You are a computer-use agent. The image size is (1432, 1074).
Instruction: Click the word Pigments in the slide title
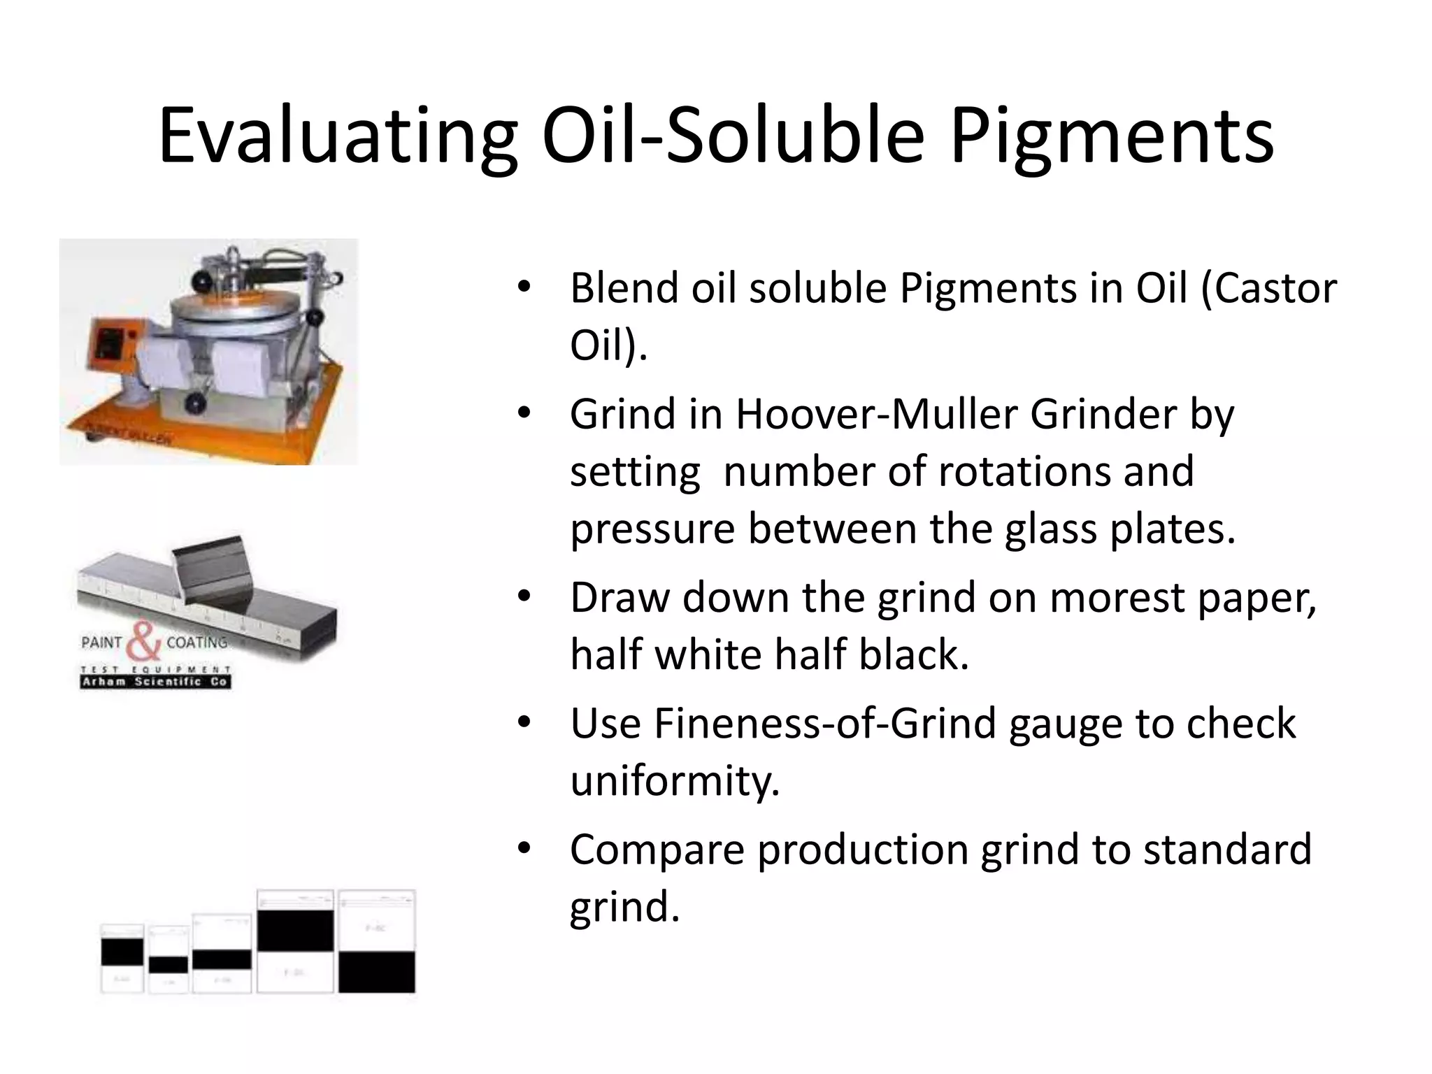[1111, 136]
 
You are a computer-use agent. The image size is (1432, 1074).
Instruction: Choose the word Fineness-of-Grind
[824, 723]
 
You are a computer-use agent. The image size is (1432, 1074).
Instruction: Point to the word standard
[1227, 849]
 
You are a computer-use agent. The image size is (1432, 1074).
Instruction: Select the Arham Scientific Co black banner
[155, 682]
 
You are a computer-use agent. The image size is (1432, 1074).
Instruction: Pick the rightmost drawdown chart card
[377, 941]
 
